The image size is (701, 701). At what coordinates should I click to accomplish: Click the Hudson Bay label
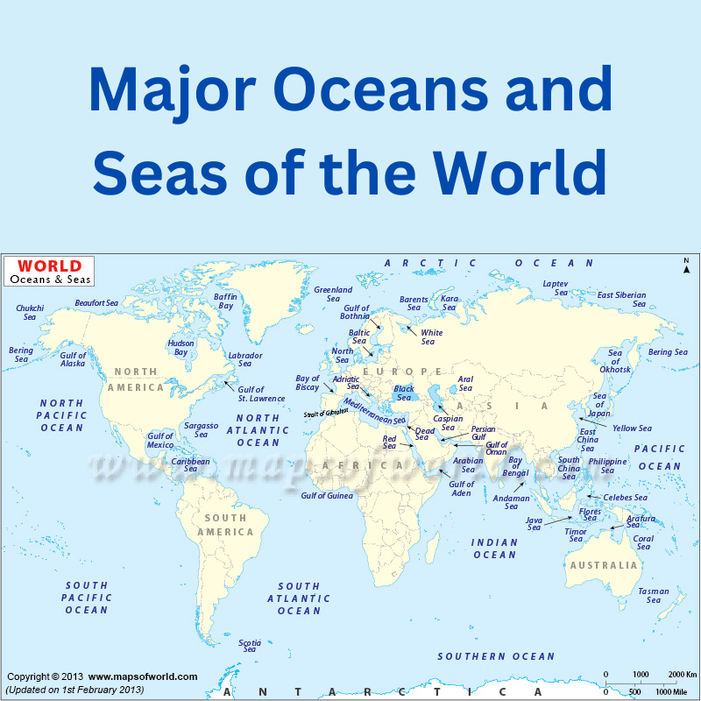pyautogui.click(x=181, y=348)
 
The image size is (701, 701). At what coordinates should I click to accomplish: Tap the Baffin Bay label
pyautogui.click(x=225, y=301)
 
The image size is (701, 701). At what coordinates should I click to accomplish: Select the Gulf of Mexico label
pyautogui.click(x=160, y=440)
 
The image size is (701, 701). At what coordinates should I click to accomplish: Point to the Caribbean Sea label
pyautogui.click(x=190, y=465)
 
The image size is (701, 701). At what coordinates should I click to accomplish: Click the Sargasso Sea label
pyautogui.click(x=201, y=429)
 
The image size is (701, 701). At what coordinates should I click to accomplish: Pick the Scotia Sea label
pyautogui.click(x=250, y=646)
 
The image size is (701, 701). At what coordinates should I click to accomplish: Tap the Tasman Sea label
pyautogui.click(x=654, y=596)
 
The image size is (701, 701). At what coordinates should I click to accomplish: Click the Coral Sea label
pyautogui.click(x=643, y=543)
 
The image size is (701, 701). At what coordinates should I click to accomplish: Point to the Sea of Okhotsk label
pyautogui.click(x=615, y=361)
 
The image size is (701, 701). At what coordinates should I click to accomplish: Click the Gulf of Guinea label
pyautogui.click(x=327, y=496)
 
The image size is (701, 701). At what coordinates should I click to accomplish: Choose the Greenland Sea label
pyautogui.click(x=333, y=294)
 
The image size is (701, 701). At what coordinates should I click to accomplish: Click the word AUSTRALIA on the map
pyautogui.click(x=604, y=565)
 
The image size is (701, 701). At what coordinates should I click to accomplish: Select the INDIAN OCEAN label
pyautogui.click(x=495, y=549)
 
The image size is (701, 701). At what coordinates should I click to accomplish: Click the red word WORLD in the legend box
pyautogui.click(x=49, y=266)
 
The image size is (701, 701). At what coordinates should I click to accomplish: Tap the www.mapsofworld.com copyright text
pyautogui.click(x=143, y=676)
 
